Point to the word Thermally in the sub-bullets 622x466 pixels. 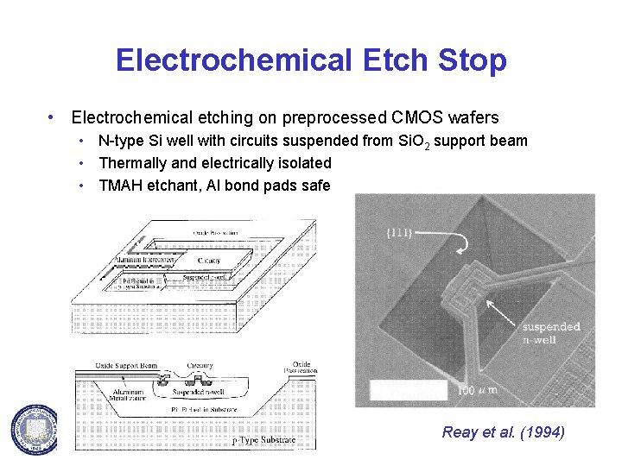coord(135,162)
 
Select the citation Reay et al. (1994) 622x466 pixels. coord(503,432)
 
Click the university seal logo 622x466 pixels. coord(34,428)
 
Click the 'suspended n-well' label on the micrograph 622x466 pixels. coord(551,334)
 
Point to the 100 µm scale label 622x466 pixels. coord(477,391)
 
